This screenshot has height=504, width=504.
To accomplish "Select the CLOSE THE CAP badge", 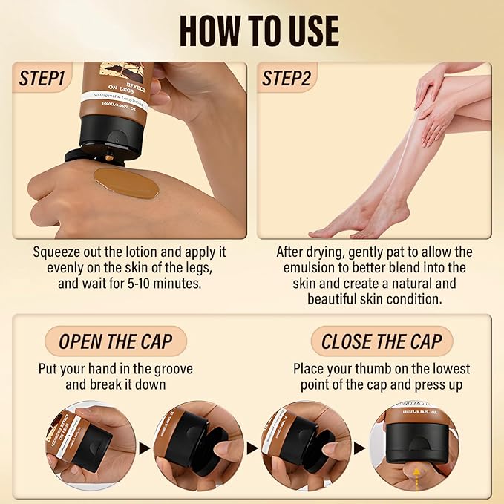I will coord(382,341).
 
